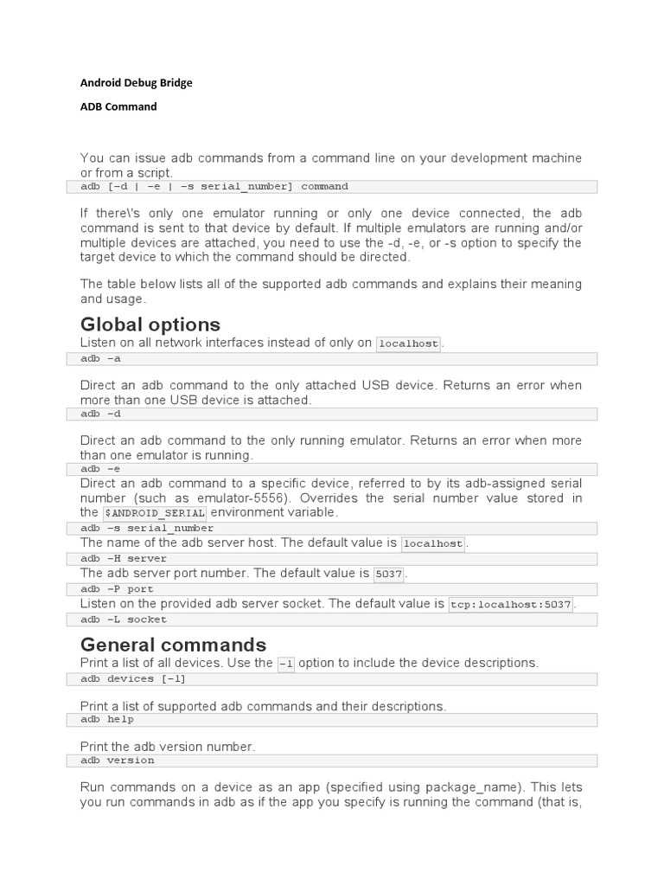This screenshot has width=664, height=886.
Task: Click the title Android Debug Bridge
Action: pyautogui.click(x=137, y=83)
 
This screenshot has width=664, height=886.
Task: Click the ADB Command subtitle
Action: pyautogui.click(x=118, y=106)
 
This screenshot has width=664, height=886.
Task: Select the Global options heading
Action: pyautogui.click(x=150, y=324)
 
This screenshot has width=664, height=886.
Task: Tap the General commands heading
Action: pyautogui.click(x=173, y=645)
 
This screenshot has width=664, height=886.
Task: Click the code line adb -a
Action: pyautogui.click(x=102, y=358)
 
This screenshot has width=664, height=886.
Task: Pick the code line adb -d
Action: pyautogui.click(x=102, y=414)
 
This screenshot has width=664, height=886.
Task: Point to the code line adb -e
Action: pyautogui.click(x=102, y=469)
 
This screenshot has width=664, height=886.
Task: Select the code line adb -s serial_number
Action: pyautogui.click(x=147, y=528)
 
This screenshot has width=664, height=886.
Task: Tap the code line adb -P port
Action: pyautogui.click(x=118, y=589)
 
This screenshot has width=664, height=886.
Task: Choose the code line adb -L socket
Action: pyautogui.click(x=124, y=620)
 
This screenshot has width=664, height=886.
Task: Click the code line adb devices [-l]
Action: pyautogui.click(x=133, y=679)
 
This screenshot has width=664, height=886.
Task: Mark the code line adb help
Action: pyautogui.click(x=108, y=719)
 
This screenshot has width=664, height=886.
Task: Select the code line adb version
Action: pyautogui.click(x=118, y=761)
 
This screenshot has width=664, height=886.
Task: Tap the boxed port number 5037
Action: pyautogui.click(x=389, y=575)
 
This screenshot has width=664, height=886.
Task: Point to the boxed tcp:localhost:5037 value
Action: pyautogui.click(x=511, y=605)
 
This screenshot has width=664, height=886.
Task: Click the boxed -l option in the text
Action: pyautogui.click(x=285, y=664)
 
